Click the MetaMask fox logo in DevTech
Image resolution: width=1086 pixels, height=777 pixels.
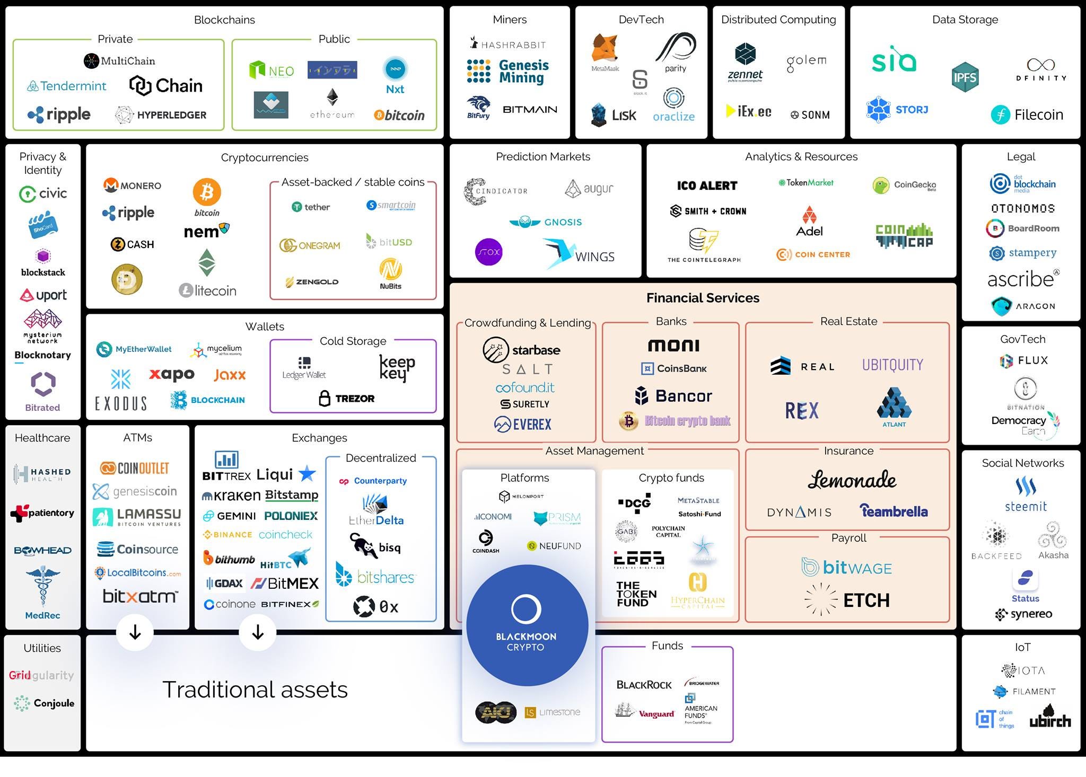605,49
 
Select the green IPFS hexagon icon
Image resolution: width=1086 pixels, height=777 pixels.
965,77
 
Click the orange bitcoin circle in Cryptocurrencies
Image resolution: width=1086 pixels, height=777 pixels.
206,192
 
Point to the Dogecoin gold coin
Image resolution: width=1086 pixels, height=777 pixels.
127,279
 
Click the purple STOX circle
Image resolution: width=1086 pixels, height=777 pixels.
488,252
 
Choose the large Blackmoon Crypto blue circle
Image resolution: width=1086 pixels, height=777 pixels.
527,625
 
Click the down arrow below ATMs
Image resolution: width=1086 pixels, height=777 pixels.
135,632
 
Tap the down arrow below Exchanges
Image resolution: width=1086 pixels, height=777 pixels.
258,632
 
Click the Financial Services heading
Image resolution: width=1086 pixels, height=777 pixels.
703,298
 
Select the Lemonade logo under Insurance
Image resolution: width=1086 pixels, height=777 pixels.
852,480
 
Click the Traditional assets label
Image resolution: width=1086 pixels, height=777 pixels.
255,690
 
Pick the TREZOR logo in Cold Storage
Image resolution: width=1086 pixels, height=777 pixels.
347,398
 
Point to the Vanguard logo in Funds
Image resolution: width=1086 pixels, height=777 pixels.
645,712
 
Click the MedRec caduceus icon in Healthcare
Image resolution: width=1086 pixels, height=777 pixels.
42,586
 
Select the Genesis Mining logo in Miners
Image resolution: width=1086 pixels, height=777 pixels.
508,72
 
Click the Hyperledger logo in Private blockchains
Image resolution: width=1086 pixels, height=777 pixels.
161,115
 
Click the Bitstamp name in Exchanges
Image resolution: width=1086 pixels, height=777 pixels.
292,495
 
